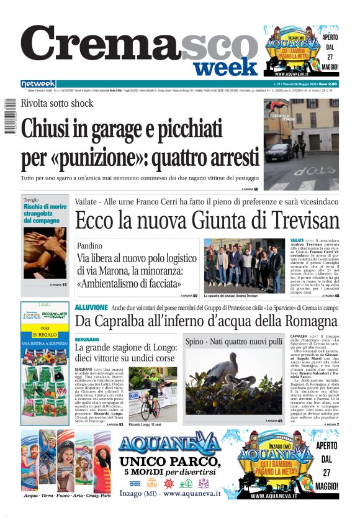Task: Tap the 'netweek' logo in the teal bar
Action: pyautogui.click(x=38, y=84)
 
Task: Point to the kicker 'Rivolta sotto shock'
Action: pyautogui.click(x=57, y=104)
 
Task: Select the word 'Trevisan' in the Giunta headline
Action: pyautogui.click(x=304, y=221)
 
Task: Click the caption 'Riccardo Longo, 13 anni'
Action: pyautogui.click(x=147, y=424)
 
